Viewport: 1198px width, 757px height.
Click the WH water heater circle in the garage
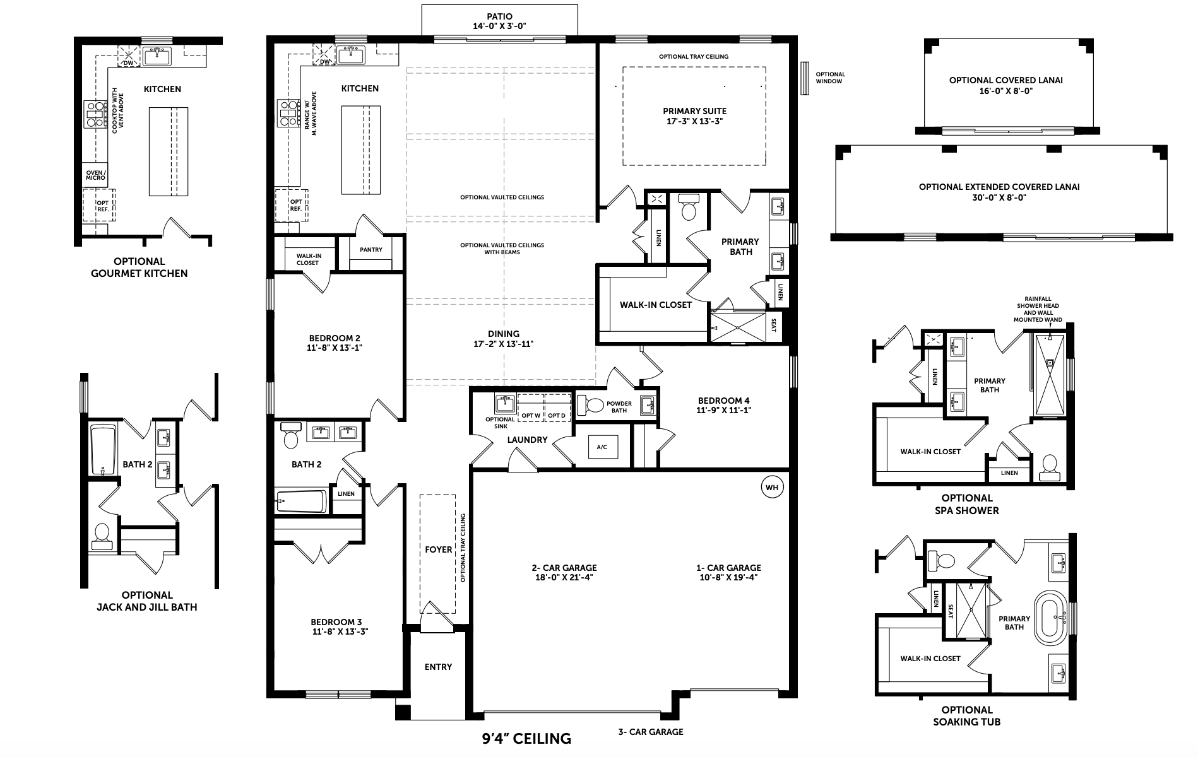point(771,488)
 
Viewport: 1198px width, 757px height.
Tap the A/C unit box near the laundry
point(602,447)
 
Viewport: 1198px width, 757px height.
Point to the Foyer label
point(438,549)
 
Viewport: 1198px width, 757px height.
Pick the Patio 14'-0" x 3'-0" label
point(499,21)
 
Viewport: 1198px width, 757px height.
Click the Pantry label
point(371,250)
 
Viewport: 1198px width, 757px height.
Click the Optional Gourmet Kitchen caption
point(150,267)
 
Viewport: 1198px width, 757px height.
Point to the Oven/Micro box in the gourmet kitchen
point(96,175)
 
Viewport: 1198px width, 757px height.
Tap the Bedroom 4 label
point(724,405)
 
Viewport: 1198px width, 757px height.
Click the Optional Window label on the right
point(830,78)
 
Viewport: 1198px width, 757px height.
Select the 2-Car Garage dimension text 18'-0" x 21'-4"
point(564,577)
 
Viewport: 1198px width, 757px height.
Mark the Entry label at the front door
point(438,667)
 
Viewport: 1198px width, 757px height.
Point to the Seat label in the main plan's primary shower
point(774,325)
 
